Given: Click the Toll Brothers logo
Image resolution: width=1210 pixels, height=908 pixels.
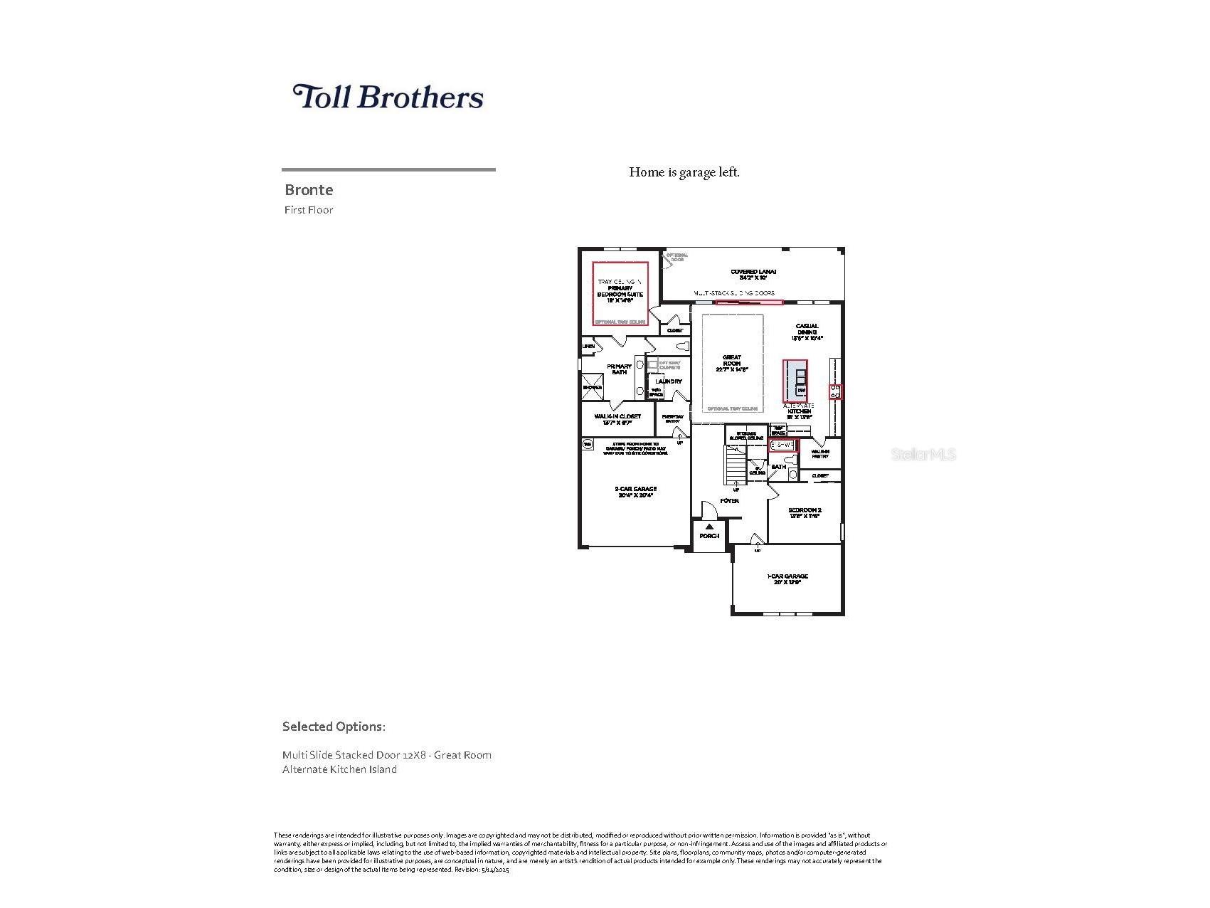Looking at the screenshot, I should [x=388, y=97].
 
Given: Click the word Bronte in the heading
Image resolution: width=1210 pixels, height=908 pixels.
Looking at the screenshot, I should [x=309, y=190].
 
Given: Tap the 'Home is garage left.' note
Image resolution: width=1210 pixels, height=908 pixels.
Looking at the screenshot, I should [x=684, y=172].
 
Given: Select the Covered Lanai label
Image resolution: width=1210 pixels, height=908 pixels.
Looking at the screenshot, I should [x=753, y=275].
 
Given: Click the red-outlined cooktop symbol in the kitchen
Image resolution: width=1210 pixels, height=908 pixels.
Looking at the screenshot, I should [x=836, y=391].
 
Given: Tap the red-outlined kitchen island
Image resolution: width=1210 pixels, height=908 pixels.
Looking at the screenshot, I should [x=796, y=381].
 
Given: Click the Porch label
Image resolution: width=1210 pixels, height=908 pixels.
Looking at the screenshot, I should [x=709, y=536].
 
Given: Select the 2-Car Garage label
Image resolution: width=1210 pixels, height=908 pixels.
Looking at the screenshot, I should [x=635, y=492].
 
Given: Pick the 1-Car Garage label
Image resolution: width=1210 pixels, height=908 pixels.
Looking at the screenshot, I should [x=787, y=579].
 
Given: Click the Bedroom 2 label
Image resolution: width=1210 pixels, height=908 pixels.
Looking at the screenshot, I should [x=805, y=512].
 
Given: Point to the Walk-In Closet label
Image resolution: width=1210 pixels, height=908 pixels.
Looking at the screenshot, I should [x=617, y=419].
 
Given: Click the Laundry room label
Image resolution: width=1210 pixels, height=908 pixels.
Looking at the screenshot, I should [x=669, y=381].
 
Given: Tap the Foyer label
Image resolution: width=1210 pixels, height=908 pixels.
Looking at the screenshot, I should [x=729, y=501].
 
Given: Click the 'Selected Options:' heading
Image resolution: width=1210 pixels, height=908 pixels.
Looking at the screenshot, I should [x=334, y=727].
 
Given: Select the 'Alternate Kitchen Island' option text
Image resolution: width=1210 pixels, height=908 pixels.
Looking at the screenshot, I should [x=339, y=769].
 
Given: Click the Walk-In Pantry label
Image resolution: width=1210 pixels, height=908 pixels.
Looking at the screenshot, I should [x=819, y=453].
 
